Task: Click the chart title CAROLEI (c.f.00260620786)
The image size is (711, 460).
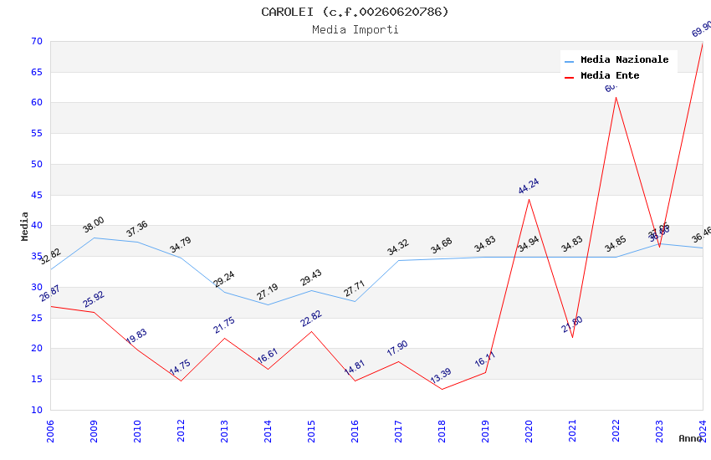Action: [x=355, y=12]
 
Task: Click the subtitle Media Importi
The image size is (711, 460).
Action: [x=355, y=30]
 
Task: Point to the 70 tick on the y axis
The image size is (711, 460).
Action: [x=36, y=42]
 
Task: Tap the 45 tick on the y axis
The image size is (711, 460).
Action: [x=36, y=196]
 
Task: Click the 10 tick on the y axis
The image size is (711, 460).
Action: [x=36, y=410]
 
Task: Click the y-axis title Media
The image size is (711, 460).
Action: [x=25, y=226]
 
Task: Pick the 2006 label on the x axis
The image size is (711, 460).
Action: [x=50, y=432]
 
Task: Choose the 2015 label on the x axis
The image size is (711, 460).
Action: [x=311, y=432]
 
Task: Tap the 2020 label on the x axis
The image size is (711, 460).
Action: [x=529, y=432]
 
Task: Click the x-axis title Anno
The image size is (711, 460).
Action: [x=689, y=438]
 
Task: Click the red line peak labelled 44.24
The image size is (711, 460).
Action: [x=529, y=199]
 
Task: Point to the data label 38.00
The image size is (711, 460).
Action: [x=94, y=224]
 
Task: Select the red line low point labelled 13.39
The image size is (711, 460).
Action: [x=442, y=389]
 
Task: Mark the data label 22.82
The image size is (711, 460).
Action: [x=311, y=319]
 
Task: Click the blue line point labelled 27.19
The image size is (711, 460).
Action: [x=268, y=304]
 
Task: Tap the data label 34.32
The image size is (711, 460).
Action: [x=398, y=248]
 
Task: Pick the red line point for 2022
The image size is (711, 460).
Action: [x=616, y=97]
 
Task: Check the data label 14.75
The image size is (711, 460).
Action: [x=181, y=368]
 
